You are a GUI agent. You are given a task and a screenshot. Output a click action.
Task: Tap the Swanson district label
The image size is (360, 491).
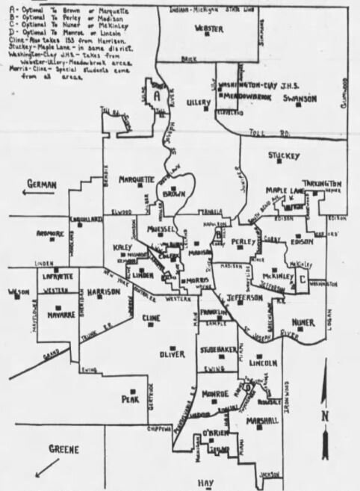pos(300,99)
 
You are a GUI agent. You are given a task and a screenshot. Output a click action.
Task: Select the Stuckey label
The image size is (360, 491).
pos(284,155)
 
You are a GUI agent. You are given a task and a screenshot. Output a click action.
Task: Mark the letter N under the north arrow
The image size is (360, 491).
pos(324,416)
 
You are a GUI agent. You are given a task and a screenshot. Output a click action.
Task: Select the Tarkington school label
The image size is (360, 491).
pos(322,184)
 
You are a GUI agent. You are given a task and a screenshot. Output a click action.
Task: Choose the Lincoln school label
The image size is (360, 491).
pos(263,363)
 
